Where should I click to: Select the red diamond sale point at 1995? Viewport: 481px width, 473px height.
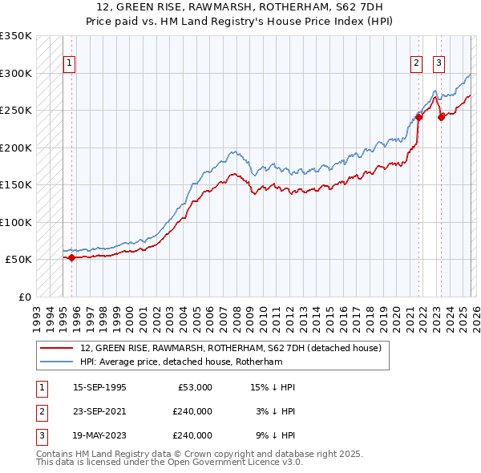[71, 257]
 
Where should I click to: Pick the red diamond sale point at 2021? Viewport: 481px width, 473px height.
[418, 117]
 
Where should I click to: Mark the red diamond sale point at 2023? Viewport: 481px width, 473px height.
[441, 117]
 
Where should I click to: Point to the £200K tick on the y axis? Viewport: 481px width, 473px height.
[16, 148]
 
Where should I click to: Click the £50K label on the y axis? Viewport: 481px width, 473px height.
[18, 260]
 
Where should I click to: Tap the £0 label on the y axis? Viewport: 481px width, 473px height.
[24, 297]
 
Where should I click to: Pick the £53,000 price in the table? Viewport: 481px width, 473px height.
[192, 387]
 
